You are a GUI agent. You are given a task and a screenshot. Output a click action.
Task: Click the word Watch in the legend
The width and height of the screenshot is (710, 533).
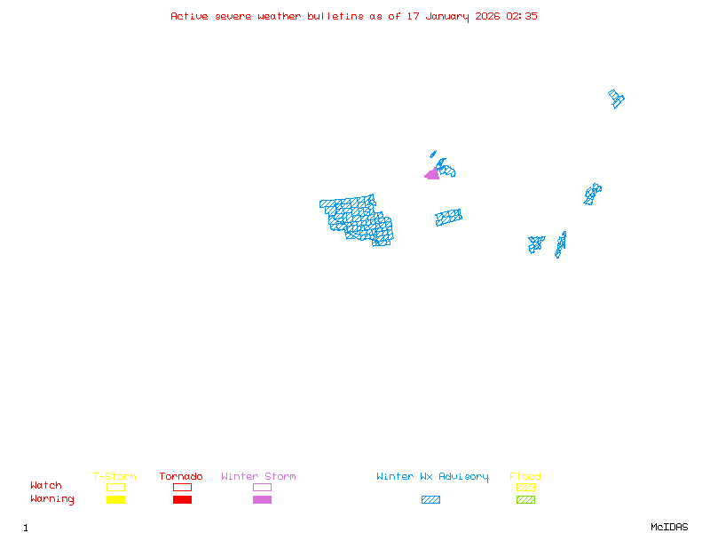click(46, 486)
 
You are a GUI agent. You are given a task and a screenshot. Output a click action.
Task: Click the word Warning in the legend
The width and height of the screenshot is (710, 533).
click(52, 499)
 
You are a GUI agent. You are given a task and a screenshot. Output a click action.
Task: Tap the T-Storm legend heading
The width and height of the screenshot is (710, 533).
click(114, 476)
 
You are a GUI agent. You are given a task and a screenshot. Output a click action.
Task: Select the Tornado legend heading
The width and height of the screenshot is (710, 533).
click(181, 476)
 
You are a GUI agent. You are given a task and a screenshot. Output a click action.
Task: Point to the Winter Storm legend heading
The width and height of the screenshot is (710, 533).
click(258, 476)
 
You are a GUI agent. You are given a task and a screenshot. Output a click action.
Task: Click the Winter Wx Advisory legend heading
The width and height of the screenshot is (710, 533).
click(432, 476)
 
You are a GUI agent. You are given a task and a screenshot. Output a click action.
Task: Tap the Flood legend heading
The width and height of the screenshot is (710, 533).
click(525, 476)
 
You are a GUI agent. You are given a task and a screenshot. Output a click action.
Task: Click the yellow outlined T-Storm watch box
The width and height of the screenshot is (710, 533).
click(115, 487)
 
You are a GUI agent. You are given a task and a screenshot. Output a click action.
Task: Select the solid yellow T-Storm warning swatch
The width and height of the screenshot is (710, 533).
click(115, 499)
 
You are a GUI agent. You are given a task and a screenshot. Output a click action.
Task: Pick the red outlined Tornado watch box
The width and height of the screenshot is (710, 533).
click(182, 487)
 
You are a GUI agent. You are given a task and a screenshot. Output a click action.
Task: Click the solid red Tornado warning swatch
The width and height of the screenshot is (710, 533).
click(182, 499)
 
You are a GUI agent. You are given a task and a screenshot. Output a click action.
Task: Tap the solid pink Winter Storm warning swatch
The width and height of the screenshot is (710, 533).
click(262, 499)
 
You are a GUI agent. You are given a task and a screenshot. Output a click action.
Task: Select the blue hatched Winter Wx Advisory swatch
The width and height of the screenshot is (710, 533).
click(430, 499)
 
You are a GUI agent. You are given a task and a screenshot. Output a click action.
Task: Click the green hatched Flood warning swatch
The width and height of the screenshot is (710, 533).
click(525, 499)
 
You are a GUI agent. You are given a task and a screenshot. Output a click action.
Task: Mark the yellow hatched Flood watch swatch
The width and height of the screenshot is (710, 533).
click(525, 487)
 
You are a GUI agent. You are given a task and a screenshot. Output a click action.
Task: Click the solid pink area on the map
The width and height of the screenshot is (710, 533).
click(432, 175)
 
